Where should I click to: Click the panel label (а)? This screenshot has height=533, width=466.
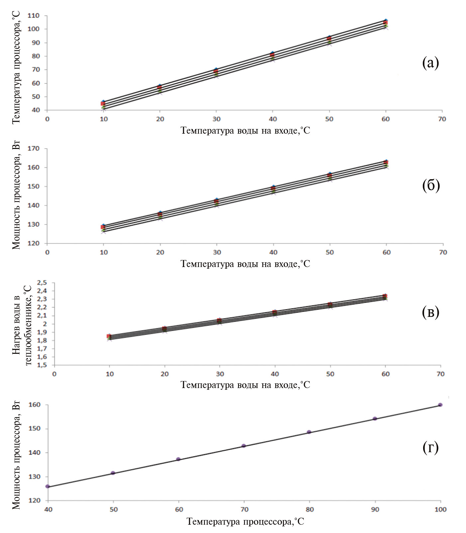(x=430, y=63)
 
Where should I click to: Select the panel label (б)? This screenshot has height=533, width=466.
(x=431, y=185)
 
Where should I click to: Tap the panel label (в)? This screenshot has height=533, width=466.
(x=430, y=312)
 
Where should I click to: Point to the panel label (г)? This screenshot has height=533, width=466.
(x=430, y=448)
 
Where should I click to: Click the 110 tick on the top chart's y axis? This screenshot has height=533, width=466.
(x=33, y=16)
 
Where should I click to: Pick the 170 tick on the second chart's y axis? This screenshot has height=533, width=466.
(x=33, y=149)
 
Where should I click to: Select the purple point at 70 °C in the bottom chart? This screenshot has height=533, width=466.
(x=244, y=446)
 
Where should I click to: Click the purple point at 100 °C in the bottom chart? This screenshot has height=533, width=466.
(x=440, y=405)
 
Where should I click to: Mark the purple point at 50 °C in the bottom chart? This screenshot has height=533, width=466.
(x=113, y=473)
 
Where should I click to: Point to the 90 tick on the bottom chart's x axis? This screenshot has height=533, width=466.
(x=375, y=510)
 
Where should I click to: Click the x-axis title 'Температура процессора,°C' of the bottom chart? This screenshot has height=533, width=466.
(x=245, y=521)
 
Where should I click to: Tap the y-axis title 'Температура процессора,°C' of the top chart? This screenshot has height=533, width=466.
(x=16, y=67)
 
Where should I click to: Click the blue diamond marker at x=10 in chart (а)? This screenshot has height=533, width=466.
(x=103, y=102)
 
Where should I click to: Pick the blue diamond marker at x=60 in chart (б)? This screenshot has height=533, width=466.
(x=386, y=161)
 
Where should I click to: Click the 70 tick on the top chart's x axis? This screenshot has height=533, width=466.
(x=442, y=119)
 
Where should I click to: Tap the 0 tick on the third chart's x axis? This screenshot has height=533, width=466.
(x=54, y=374)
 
